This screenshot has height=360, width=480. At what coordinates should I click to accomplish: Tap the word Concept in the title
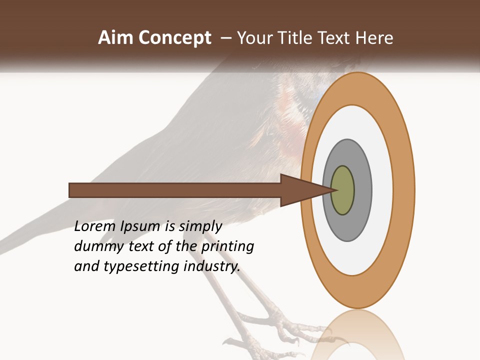174,38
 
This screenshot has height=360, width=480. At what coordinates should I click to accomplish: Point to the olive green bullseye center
343,190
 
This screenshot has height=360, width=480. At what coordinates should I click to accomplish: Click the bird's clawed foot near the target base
280,325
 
